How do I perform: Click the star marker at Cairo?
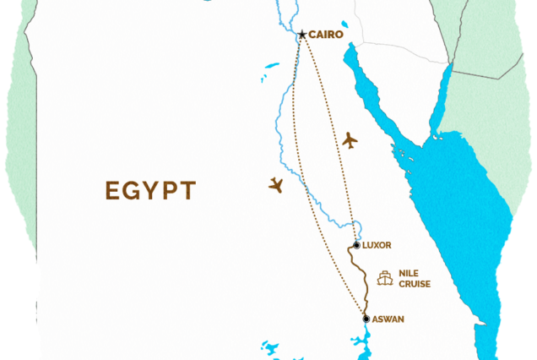pos(301,35)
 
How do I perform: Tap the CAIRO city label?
pos(326,35)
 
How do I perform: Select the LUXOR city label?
pos(377,245)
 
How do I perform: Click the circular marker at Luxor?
pos(356,245)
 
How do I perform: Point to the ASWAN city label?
pos(388,319)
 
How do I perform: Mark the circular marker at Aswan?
pos(366,319)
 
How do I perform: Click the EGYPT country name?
pos(150,190)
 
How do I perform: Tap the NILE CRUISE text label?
pos(415,279)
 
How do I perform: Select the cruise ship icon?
pos(386,277)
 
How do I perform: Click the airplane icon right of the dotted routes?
pos(350,140)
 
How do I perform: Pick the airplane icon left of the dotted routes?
pos(275,184)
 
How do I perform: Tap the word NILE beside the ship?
pos(409,274)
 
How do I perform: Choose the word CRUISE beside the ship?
pos(415,284)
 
